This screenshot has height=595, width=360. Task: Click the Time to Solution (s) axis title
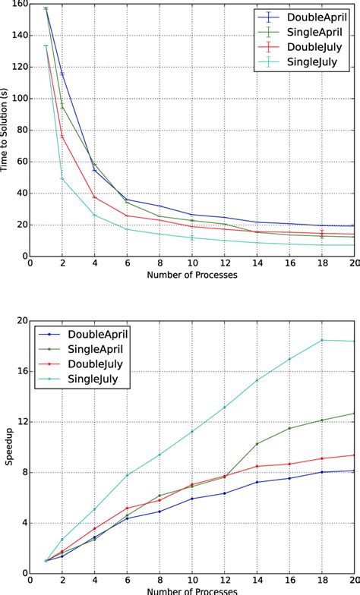6,130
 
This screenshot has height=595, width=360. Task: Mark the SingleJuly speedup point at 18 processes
322,361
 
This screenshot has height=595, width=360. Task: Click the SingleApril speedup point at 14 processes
257,444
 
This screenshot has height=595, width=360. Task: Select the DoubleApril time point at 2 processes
62,74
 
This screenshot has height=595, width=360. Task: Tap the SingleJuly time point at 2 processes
62,178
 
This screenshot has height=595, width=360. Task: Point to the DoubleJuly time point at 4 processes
95,197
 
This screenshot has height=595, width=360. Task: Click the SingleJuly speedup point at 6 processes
127,475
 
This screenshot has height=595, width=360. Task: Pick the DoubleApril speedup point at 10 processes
192,499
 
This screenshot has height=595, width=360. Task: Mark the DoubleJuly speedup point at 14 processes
257,466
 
